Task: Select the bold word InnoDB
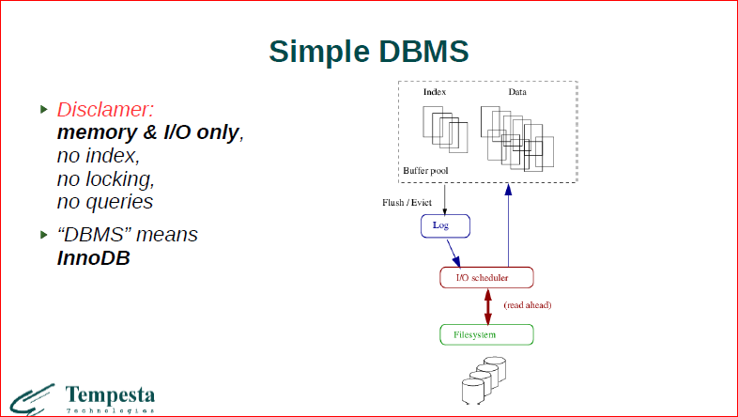click(x=93, y=256)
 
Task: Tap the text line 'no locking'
click(x=105, y=178)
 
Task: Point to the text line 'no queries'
click(x=105, y=201)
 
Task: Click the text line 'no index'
click(x=99, y=156)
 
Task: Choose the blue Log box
click(x=443, y=226)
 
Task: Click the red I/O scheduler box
click(x=486, y=277)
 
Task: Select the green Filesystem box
click(x=486, y=334)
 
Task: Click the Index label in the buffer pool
click(x=434, y=92)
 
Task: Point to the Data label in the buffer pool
click(x=517, y=92)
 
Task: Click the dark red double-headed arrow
click(x=487, y=305)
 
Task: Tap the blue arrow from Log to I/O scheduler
click(x=454, y=252)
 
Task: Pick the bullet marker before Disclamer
click(x=42, y=109)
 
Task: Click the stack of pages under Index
click(x=444, y=129)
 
